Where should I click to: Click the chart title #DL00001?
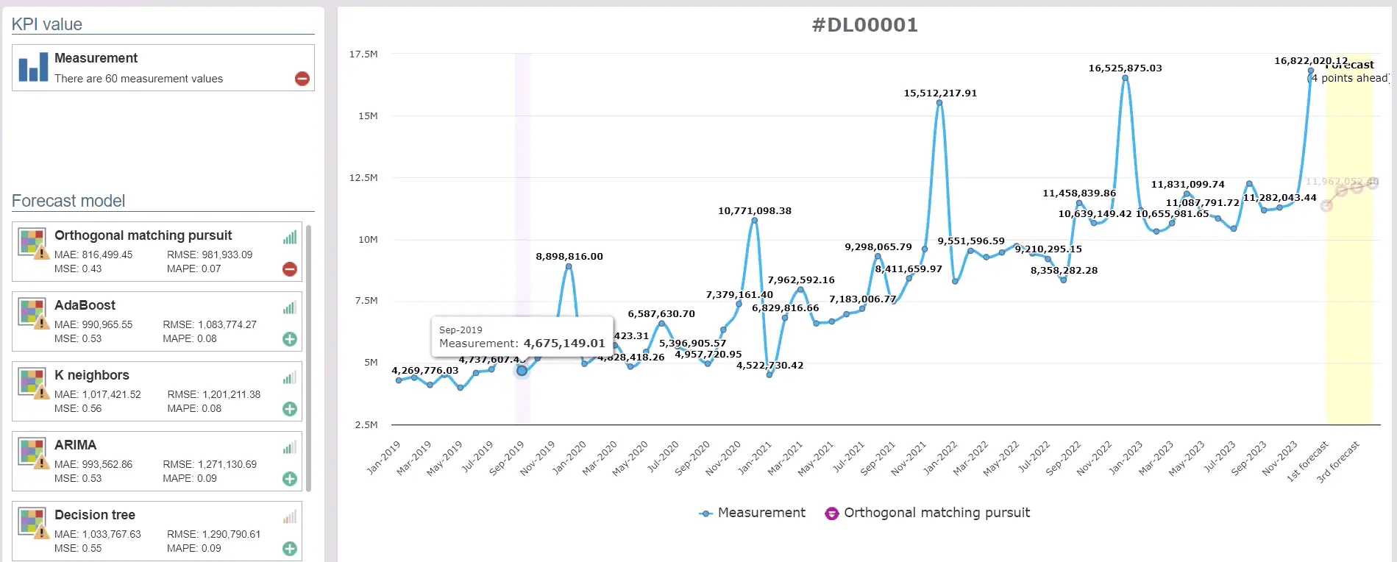tap(864, 25)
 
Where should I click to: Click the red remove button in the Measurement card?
tap(302, 79)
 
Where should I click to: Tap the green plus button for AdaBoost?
tap(290, 339)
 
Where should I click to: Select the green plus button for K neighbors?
tap(290, 409)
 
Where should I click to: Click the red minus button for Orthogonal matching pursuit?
tap(290, 269)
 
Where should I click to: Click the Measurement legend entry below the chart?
tap(753, 513)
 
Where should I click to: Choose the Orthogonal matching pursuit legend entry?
tap(928, 513)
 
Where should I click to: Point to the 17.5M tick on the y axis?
tap(363, 54)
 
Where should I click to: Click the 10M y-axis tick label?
tap(367, 240)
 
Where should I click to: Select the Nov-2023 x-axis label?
tap(1281, 457)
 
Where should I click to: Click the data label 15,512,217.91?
tap(940, 93)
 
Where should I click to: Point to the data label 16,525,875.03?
tap(1125, 68)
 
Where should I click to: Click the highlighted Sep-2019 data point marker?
tap(522, 371)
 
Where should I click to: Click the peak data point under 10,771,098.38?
tap(754, 221)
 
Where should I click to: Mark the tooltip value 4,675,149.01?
tap(564, 344)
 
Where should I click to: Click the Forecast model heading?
tap(68, 201)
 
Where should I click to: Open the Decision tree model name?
tap(95, 515)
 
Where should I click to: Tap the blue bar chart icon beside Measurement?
tap(33, 67)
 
